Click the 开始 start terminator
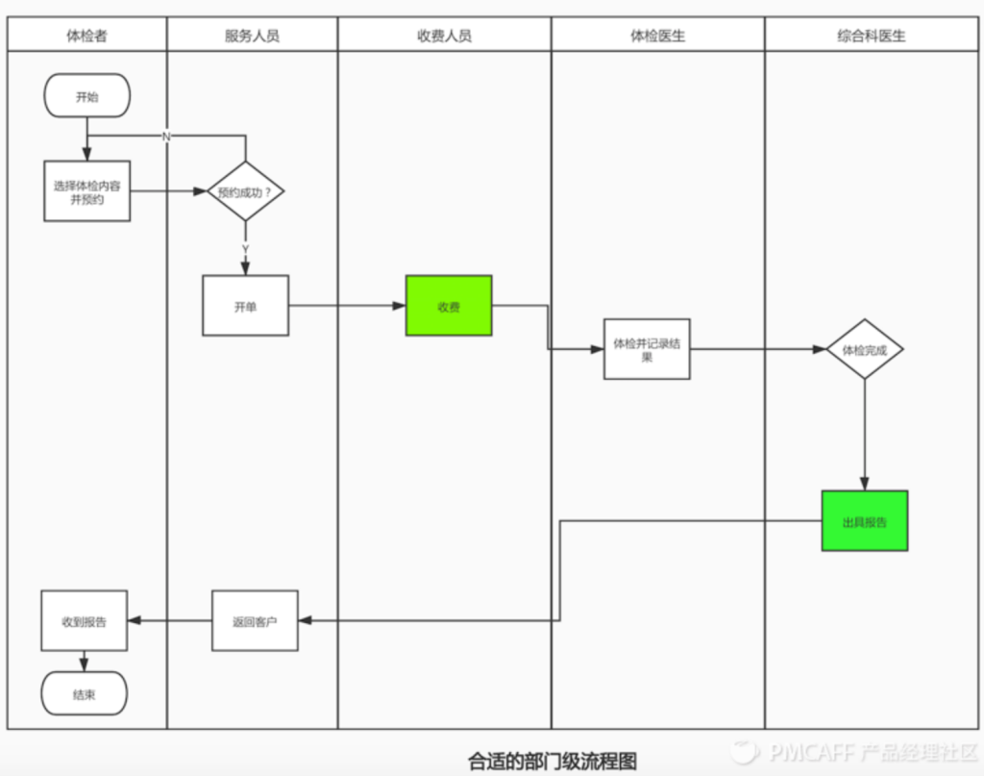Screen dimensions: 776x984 point(86,95)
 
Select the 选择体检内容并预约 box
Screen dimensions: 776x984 point(86,190)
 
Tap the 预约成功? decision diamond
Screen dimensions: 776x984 point(245,190)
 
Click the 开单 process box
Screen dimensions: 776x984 point(245,306)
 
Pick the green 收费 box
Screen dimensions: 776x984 point(449,306)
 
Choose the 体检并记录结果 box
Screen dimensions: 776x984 point(647,349)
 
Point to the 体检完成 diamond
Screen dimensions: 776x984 point(865,349)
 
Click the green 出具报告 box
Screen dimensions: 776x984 point(865,521)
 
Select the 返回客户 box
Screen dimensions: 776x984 point(255,620)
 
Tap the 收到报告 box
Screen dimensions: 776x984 point(85,620)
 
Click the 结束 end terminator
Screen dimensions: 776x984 point(85,693)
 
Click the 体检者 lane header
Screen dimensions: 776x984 point(86,36)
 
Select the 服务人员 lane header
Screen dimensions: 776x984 point(252,36)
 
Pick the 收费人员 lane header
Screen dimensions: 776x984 point(444,36)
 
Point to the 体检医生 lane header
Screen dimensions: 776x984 point(657,36)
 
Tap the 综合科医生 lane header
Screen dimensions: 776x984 point(871,36)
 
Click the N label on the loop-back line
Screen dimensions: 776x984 point(165,137)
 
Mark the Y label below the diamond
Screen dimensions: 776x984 point(245,249)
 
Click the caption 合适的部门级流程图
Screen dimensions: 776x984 point(552,761)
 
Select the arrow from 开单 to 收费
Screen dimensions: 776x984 point(346,306)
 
